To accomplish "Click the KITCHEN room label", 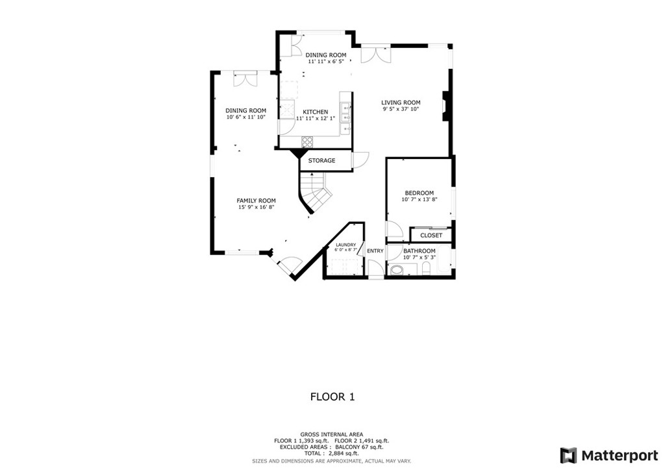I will [x=315, y=112].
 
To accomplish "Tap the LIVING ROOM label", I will [x=401, y=103].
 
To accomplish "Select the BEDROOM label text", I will [x=419, y=193].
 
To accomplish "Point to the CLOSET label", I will [x=431, y=236].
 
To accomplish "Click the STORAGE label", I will [x=321, y=160].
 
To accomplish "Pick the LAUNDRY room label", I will [x=345, y=245].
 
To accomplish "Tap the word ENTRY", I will [x=375, y=251].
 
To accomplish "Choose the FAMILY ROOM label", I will [x=256, y=201].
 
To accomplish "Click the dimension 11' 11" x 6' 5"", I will [x=326, y=61].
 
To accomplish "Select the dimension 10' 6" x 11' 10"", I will [x=246, y=117].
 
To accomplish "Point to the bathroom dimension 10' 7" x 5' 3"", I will [x=420, y=258].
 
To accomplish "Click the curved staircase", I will [x=315, y=193].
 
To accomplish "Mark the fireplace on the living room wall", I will [x=445, y=106].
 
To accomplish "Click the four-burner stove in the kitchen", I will [x=307, y=141].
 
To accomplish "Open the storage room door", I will [x=360, y=160].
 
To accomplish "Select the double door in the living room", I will [x=376, y=54].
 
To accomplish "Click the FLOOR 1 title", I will [x=332, y=397].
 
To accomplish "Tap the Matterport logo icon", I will [x=568, y=454].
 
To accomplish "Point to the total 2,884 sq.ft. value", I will [x=343, y=453].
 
